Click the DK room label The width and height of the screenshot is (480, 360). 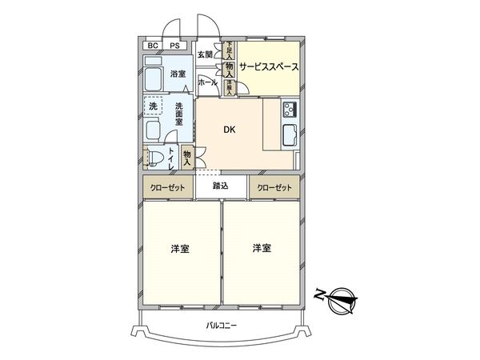229,130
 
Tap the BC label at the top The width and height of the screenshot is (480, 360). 152,46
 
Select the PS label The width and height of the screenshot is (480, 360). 174,46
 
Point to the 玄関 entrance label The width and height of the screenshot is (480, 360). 206,54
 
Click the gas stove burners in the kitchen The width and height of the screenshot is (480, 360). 289,109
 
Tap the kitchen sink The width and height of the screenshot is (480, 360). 288,134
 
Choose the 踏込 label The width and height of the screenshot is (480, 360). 221,186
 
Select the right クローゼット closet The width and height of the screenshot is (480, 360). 274,187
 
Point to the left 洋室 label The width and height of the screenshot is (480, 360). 181,249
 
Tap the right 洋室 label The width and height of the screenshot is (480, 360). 262,249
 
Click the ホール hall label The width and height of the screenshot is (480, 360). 206,81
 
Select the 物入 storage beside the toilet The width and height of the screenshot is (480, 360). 187,156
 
